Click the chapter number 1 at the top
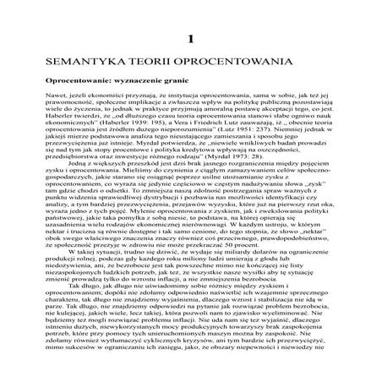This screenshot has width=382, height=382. click(x=192, y=40)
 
